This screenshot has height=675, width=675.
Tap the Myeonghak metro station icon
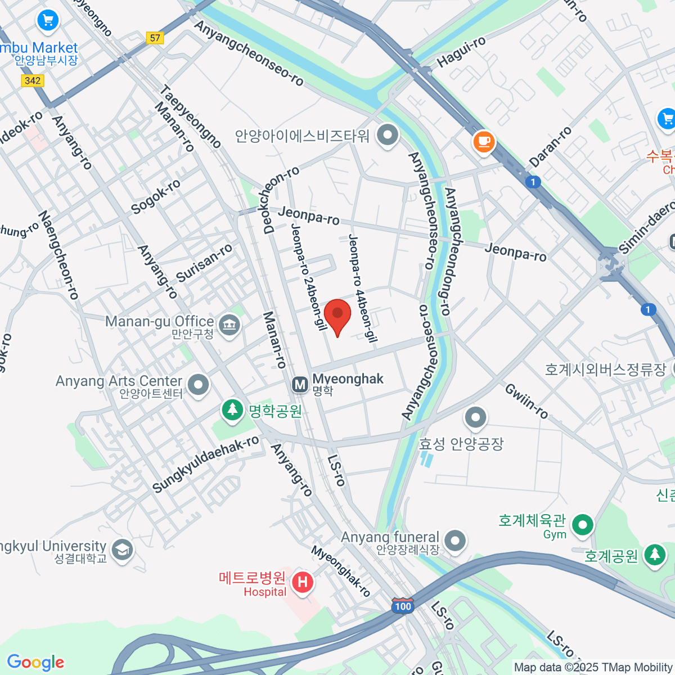pos(300,385)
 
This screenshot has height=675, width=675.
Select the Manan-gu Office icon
pos(229,325)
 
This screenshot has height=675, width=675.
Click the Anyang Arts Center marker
pos(198,385)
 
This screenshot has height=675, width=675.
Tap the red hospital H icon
pos(303,582)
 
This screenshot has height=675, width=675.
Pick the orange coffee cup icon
pos(484,141)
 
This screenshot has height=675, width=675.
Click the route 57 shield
pos(155,38)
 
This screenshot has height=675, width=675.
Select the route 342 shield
pos(33,80)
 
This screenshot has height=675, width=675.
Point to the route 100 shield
pos(403,606)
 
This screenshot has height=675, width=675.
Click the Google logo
pos(35,662)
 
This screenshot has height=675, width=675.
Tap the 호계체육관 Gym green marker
pos(583,525)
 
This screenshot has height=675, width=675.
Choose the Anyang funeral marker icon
pos(455,541)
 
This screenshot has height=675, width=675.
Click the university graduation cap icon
pos(122,550)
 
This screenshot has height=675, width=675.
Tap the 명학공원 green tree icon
pos(232,409)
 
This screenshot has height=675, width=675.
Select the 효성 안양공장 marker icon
pos(476,417)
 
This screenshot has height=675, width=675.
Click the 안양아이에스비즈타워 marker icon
pos(388,135)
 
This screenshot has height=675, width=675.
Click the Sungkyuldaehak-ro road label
pos(205,464)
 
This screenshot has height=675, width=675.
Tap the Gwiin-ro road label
pos(526,400)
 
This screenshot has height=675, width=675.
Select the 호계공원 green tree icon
pos(654,555)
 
